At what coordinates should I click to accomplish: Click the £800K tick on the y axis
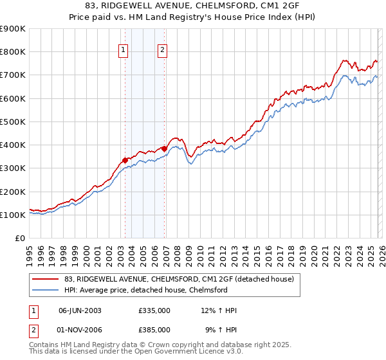pyautogui.click(x=13, y=52)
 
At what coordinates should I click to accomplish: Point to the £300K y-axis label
pyautogui.click(x=13, y=168)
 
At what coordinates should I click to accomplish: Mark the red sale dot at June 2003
pyautogui.click(x=125, y=160)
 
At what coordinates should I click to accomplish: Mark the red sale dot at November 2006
pyautogui.click(x=164, y=148)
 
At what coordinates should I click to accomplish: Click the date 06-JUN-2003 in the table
pyautogui.click(x=80, y=310)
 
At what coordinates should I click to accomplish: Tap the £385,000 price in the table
pyautogui.click(x=154, y=329)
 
